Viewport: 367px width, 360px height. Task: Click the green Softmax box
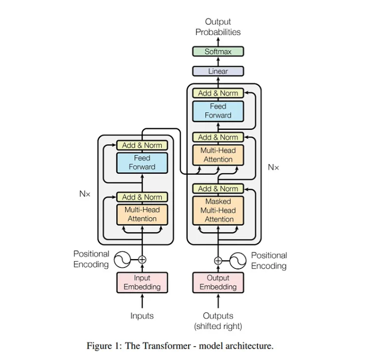pos(218,52)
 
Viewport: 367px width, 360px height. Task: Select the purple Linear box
pos(218,71)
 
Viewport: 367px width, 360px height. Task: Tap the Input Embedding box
pos(142,282)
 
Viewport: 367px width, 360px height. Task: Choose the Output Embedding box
pos(218,282)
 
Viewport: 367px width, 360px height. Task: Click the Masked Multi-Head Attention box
pos(218,210)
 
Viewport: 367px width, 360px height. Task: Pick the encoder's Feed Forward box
pos(142,162)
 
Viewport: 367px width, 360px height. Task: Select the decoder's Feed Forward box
pos(218,110)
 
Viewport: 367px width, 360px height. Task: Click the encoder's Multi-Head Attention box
pos(142,214)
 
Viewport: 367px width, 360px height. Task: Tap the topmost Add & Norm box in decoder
pos(218,93)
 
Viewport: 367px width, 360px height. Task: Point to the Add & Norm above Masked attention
pos(218,189)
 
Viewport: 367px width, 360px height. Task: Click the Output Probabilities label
pos(218,27)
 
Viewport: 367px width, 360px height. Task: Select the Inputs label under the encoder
pos(142,316)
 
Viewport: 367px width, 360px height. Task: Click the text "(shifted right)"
pos(218,326)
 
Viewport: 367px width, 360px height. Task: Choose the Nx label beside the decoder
pos(273,167)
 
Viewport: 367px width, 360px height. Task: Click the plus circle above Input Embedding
pos(142,260)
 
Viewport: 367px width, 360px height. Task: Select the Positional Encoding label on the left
pos(91,259)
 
